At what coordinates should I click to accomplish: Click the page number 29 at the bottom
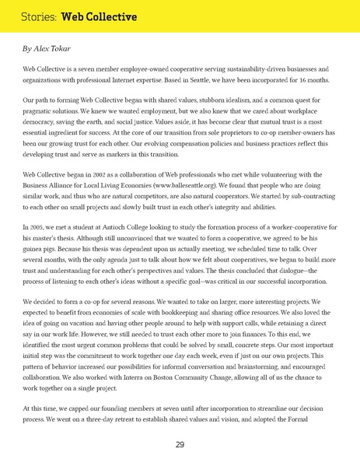pyautogui.click(x=180, y=444)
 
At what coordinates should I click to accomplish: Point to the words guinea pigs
pyautogui.click(x=41, y=251)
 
